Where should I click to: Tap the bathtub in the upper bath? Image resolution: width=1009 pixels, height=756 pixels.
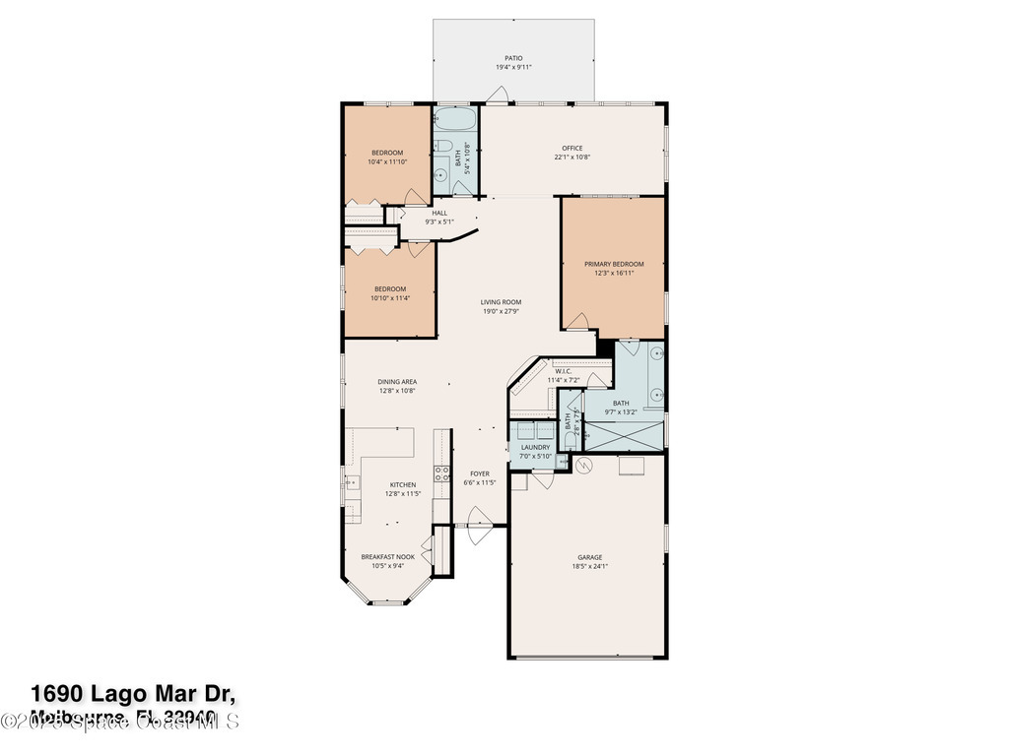[455, 122]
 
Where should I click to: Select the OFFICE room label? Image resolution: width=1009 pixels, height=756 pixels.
[572, 149]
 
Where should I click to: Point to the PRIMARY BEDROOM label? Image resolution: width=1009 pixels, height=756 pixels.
[613, 264]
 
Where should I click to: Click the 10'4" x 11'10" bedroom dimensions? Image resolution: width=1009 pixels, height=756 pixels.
[387, 161]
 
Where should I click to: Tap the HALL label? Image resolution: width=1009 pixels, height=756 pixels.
[438, 213]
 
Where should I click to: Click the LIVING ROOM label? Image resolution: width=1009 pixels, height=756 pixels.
[501, 302]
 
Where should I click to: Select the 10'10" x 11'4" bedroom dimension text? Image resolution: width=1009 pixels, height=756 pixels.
[389, 297]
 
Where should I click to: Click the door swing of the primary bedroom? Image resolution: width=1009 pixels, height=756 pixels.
[580, 321]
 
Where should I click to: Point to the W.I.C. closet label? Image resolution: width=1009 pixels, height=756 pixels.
[563, 371]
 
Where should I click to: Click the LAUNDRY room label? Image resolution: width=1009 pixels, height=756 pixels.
[535, 447]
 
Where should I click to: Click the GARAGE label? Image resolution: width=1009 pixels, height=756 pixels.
[589, 557]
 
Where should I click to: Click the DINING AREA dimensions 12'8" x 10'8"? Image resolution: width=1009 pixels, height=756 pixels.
[397, 391]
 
